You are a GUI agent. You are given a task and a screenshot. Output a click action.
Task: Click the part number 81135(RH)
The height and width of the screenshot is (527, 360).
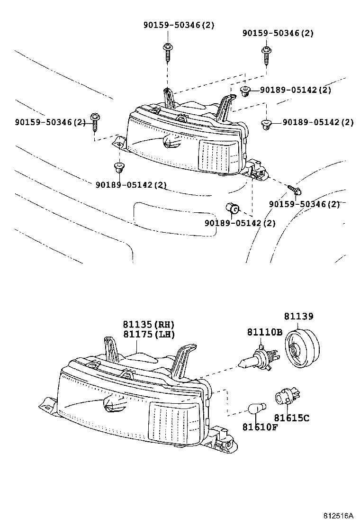(149, 325)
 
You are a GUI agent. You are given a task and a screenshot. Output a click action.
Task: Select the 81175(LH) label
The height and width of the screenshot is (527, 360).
(149, 335)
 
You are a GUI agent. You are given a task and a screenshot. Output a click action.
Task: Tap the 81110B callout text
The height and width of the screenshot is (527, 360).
(264, 332)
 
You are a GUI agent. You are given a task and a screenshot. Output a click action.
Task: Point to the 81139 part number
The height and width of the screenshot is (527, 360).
(299, 316)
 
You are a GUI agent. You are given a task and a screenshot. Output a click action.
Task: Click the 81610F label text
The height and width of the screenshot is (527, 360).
(260, 427)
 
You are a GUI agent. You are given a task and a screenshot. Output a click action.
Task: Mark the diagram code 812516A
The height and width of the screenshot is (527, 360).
(339, 515)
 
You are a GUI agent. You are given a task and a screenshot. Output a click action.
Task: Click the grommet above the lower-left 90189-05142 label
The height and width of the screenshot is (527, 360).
(118, 167)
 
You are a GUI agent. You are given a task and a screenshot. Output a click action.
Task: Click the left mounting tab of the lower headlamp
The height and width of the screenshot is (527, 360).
(48, 404)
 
